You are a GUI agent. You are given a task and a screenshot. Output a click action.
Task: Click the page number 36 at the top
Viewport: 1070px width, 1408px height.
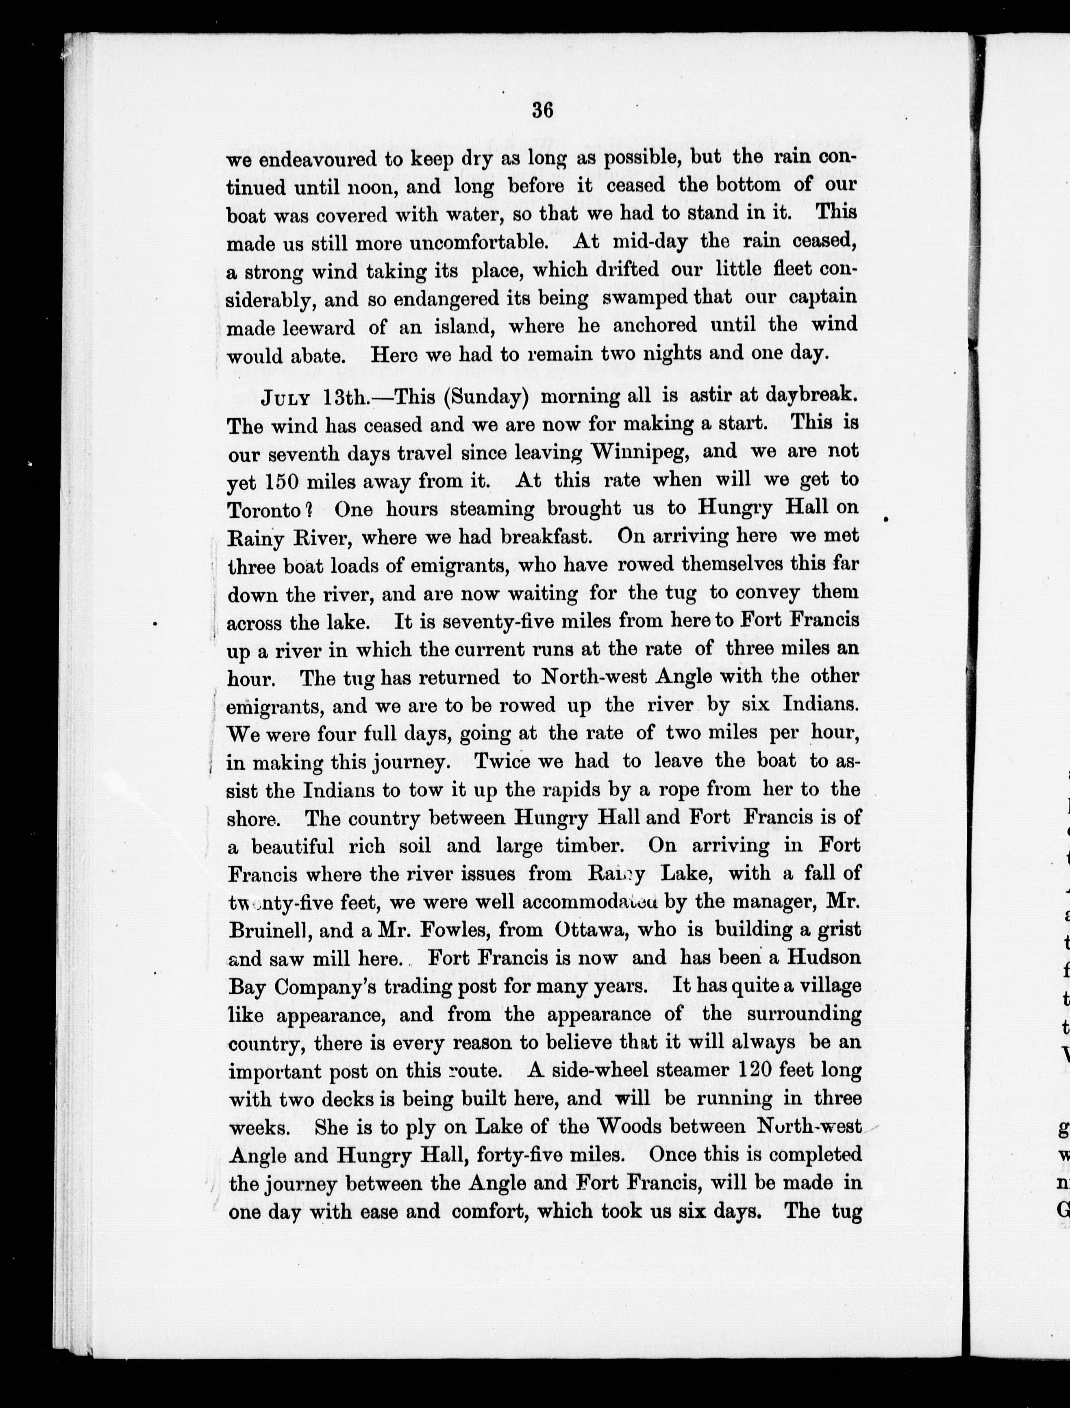coord(543,110)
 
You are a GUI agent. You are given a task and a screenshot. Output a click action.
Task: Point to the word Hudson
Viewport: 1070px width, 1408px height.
coord(822,958)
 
